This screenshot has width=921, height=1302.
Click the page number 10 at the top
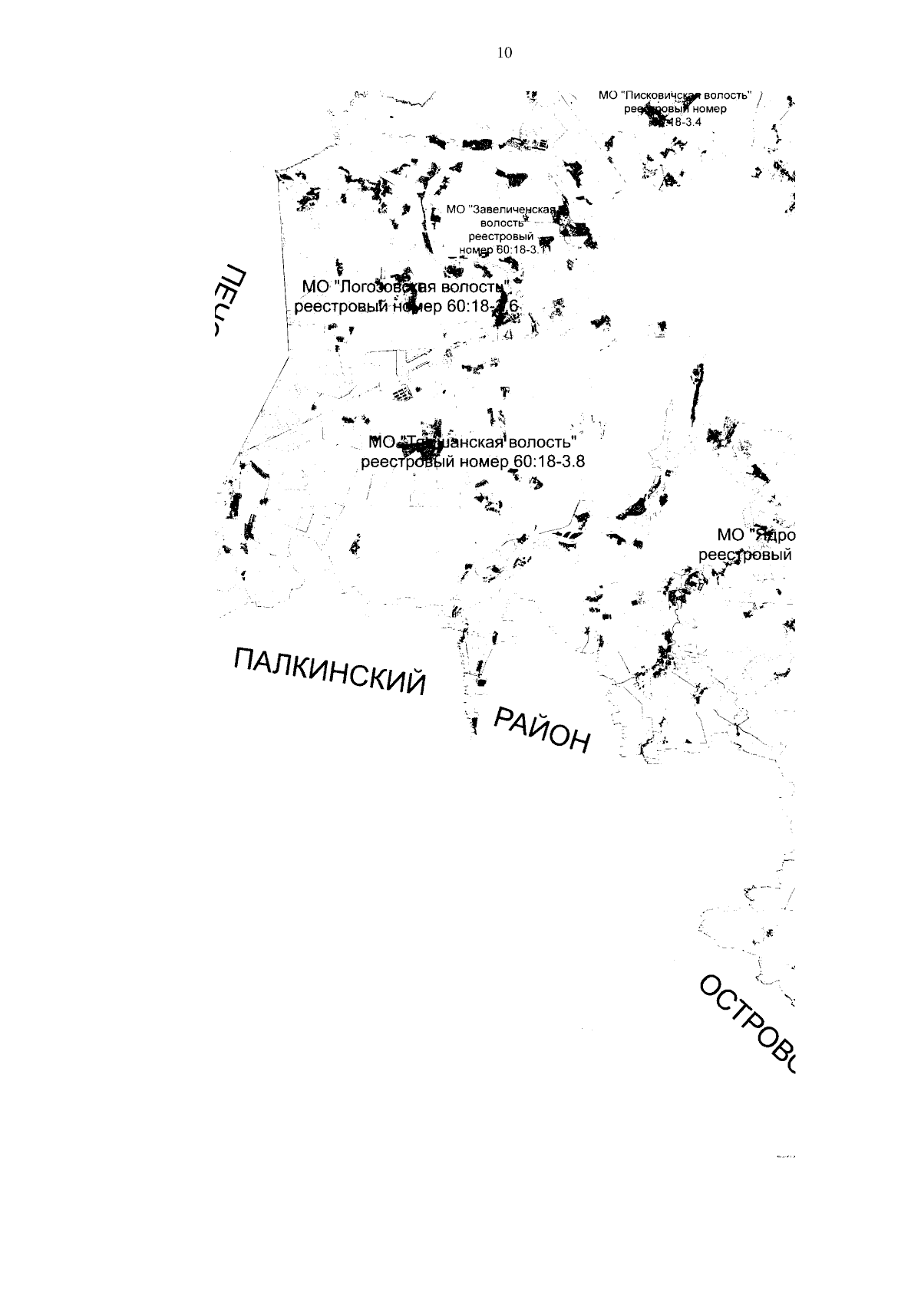coord(504,52)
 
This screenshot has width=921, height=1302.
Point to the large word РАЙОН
coord(543,729)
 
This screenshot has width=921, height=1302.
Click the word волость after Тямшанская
coord(541,443)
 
